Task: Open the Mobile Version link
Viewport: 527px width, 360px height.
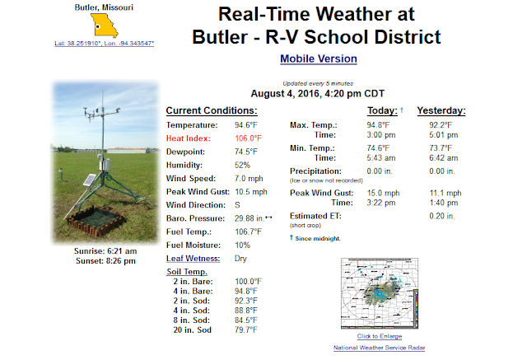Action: pos(319,58)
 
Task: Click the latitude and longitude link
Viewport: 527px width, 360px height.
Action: pos(105,44)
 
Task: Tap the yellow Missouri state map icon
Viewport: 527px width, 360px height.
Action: pos(105,26)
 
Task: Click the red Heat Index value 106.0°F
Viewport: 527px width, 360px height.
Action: pos(248,138)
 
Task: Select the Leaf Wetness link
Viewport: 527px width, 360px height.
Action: pos(193,259)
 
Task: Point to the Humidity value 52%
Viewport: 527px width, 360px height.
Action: pos(242,165)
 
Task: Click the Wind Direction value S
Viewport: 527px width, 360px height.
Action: pos(237,205)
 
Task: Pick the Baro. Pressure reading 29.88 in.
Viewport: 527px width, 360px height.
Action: pos(250,218)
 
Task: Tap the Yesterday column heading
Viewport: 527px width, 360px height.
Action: pos(441,110)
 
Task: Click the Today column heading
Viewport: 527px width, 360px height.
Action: pos(382,110)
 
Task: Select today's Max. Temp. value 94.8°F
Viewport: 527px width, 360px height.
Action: pos(378,125)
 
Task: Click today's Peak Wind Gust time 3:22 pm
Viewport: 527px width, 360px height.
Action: pos(381,203)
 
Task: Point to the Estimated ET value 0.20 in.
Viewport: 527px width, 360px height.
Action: pos(442,216)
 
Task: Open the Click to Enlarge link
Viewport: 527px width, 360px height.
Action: pos(380,336)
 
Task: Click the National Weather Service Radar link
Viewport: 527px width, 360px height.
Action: pos(379,348)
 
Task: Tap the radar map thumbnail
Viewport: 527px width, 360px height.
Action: pos(380,293)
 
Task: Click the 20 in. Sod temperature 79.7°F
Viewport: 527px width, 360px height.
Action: pos(246,330)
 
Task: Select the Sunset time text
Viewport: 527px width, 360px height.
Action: pos(106,261)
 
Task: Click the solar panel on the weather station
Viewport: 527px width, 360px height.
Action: pos(90,180)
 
